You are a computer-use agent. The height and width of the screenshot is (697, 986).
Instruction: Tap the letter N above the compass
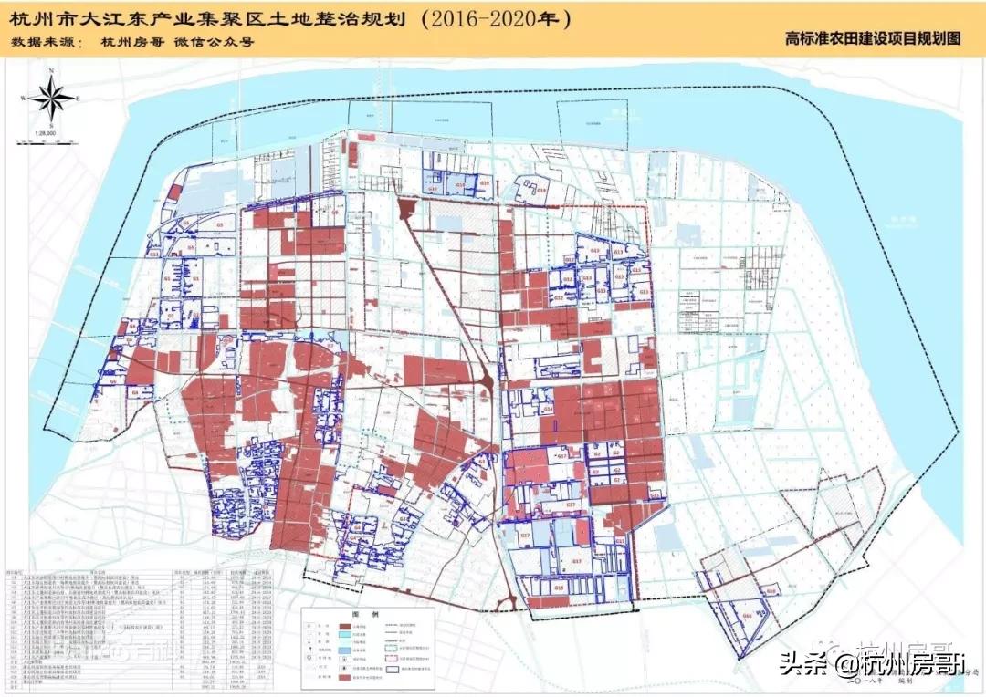coord(53,70)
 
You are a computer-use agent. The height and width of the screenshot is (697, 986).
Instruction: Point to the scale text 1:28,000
coord(46,133)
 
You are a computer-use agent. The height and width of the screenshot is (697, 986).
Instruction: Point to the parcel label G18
coord(771,591)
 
